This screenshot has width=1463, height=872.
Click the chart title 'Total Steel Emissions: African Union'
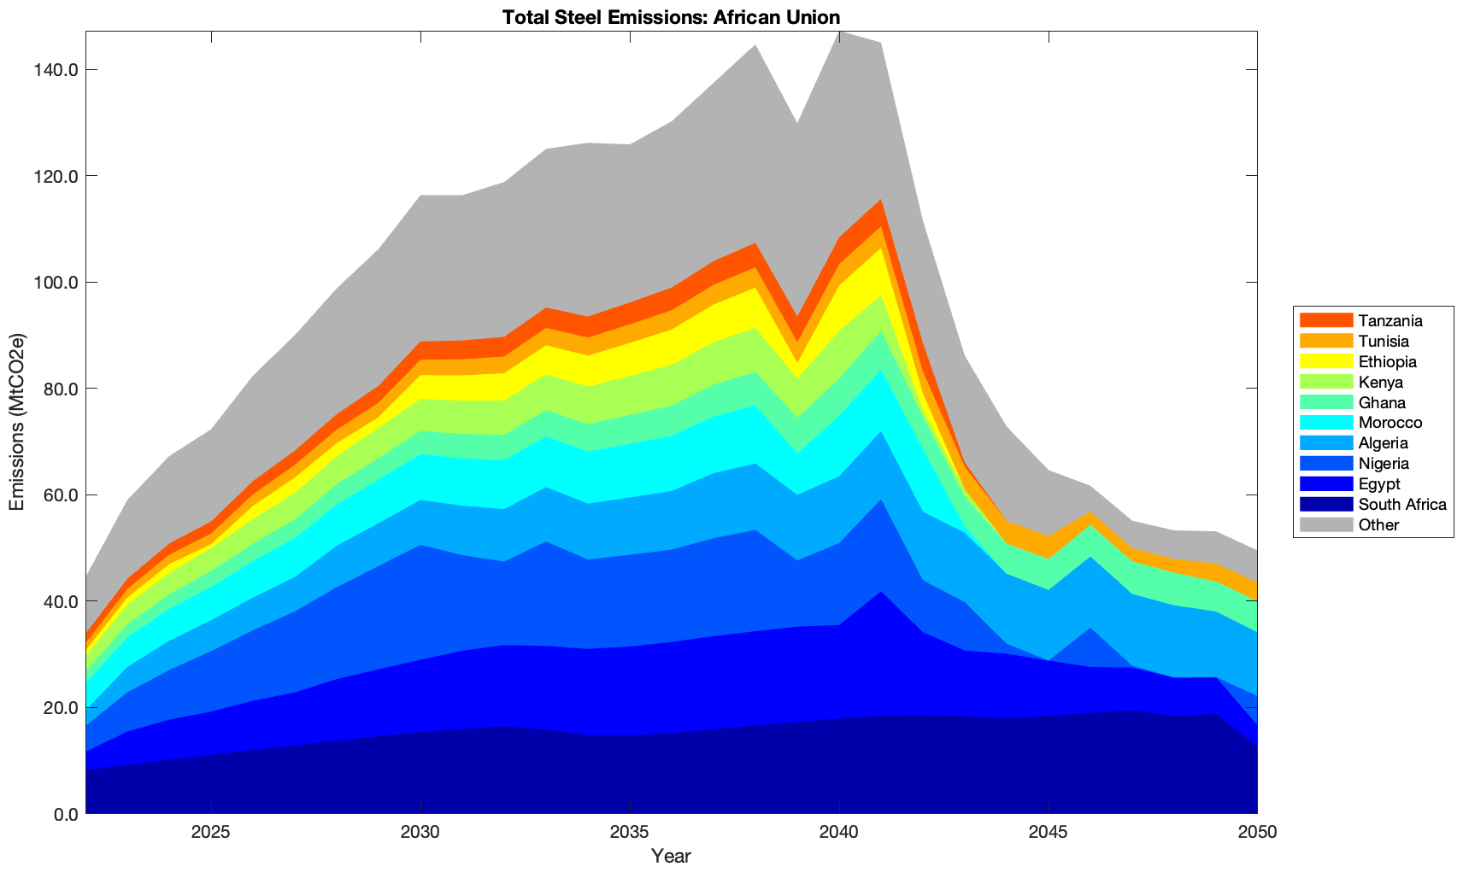click(671, 16)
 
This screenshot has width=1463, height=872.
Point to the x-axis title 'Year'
click(671, 856)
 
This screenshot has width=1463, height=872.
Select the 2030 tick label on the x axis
click(420, 833)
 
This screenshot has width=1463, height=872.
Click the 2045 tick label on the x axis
click(1048, 833)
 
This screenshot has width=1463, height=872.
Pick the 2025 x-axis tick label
click(211, 833)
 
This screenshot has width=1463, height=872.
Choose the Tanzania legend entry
click(1390, 321)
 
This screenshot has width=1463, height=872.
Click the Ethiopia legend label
click(1387, 362)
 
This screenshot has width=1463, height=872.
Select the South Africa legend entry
click(1402, 505)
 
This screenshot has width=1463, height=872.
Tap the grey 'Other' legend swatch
click(1325, 524)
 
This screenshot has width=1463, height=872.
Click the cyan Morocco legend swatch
click(1325, 423)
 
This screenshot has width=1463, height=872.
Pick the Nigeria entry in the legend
click(1384, 464)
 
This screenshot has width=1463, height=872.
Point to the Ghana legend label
click(1382, 403)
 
